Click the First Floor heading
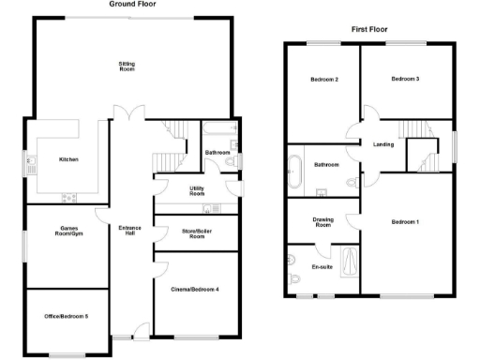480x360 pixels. (370, 30)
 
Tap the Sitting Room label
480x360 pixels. (127, 67)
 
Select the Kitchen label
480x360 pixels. (68, 159)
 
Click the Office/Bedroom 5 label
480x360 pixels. (67, 316)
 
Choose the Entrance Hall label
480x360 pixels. (129, 231)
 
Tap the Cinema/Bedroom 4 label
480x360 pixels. (196, 289)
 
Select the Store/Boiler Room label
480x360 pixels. (196, 234)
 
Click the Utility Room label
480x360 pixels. (197, 191)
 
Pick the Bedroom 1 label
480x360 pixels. (405, 221)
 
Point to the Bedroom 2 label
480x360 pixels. (324, 79)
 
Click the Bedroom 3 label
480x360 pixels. (405, 79)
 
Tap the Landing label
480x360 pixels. (382, 144)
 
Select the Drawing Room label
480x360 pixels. (322, 223)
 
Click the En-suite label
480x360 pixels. (322, 267)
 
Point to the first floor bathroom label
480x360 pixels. (326, 165)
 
